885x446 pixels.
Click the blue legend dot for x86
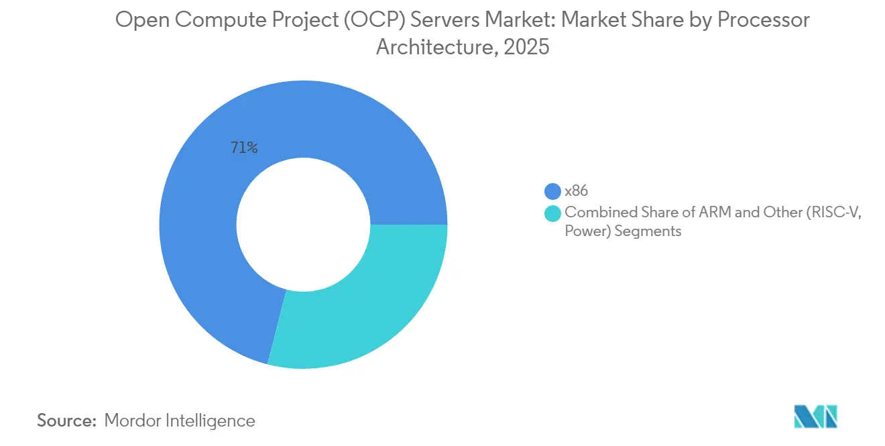(553, 191)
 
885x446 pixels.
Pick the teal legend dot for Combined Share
(553, 213)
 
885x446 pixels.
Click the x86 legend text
(577, 191)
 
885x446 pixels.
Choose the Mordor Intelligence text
(180, 421)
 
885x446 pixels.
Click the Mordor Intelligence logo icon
(815, 417)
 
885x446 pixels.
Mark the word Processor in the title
(764, 21)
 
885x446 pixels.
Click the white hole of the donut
(303, 224)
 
